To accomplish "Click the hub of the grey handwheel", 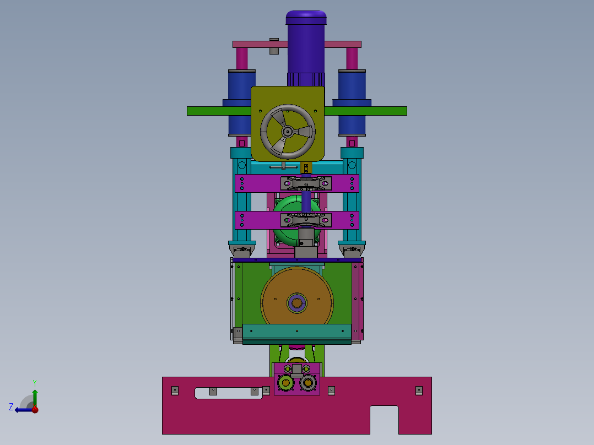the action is [x=288, y=132].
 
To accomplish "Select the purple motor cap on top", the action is [x=306, y=18].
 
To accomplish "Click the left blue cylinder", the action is [x=242, y=102].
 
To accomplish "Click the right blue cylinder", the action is [x=352, y=102].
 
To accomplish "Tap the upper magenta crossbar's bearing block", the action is [x=306, y=184].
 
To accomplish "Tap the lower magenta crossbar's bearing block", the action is [x=306, y=220].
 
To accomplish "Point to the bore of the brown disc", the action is [x=296, y=303].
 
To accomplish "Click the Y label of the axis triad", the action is [x=35, y=383].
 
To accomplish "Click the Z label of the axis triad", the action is [x=11, y=407].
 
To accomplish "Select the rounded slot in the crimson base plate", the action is [x=229, y=393].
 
